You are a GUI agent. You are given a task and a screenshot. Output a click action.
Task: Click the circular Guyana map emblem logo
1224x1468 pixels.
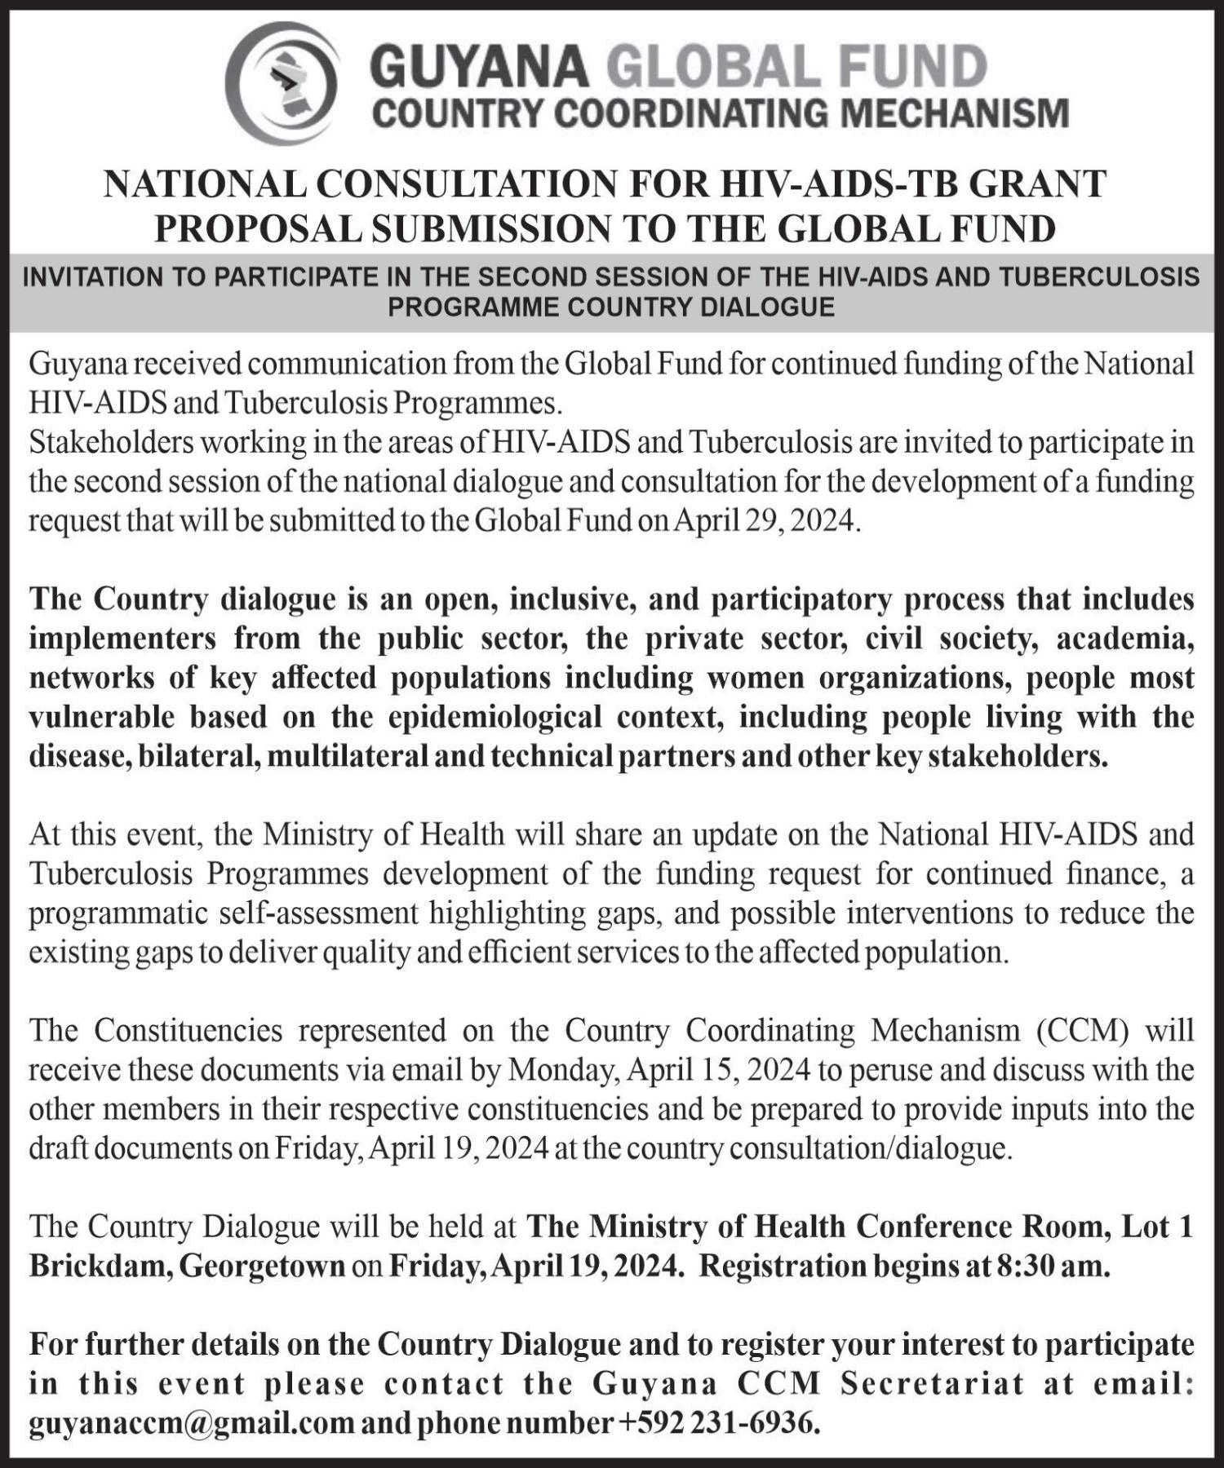tap(282, 82)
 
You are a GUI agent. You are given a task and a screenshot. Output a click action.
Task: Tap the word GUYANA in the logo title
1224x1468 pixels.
tap(480, 67)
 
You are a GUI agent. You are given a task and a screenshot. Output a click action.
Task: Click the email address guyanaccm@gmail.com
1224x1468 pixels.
tap(192, 1423)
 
